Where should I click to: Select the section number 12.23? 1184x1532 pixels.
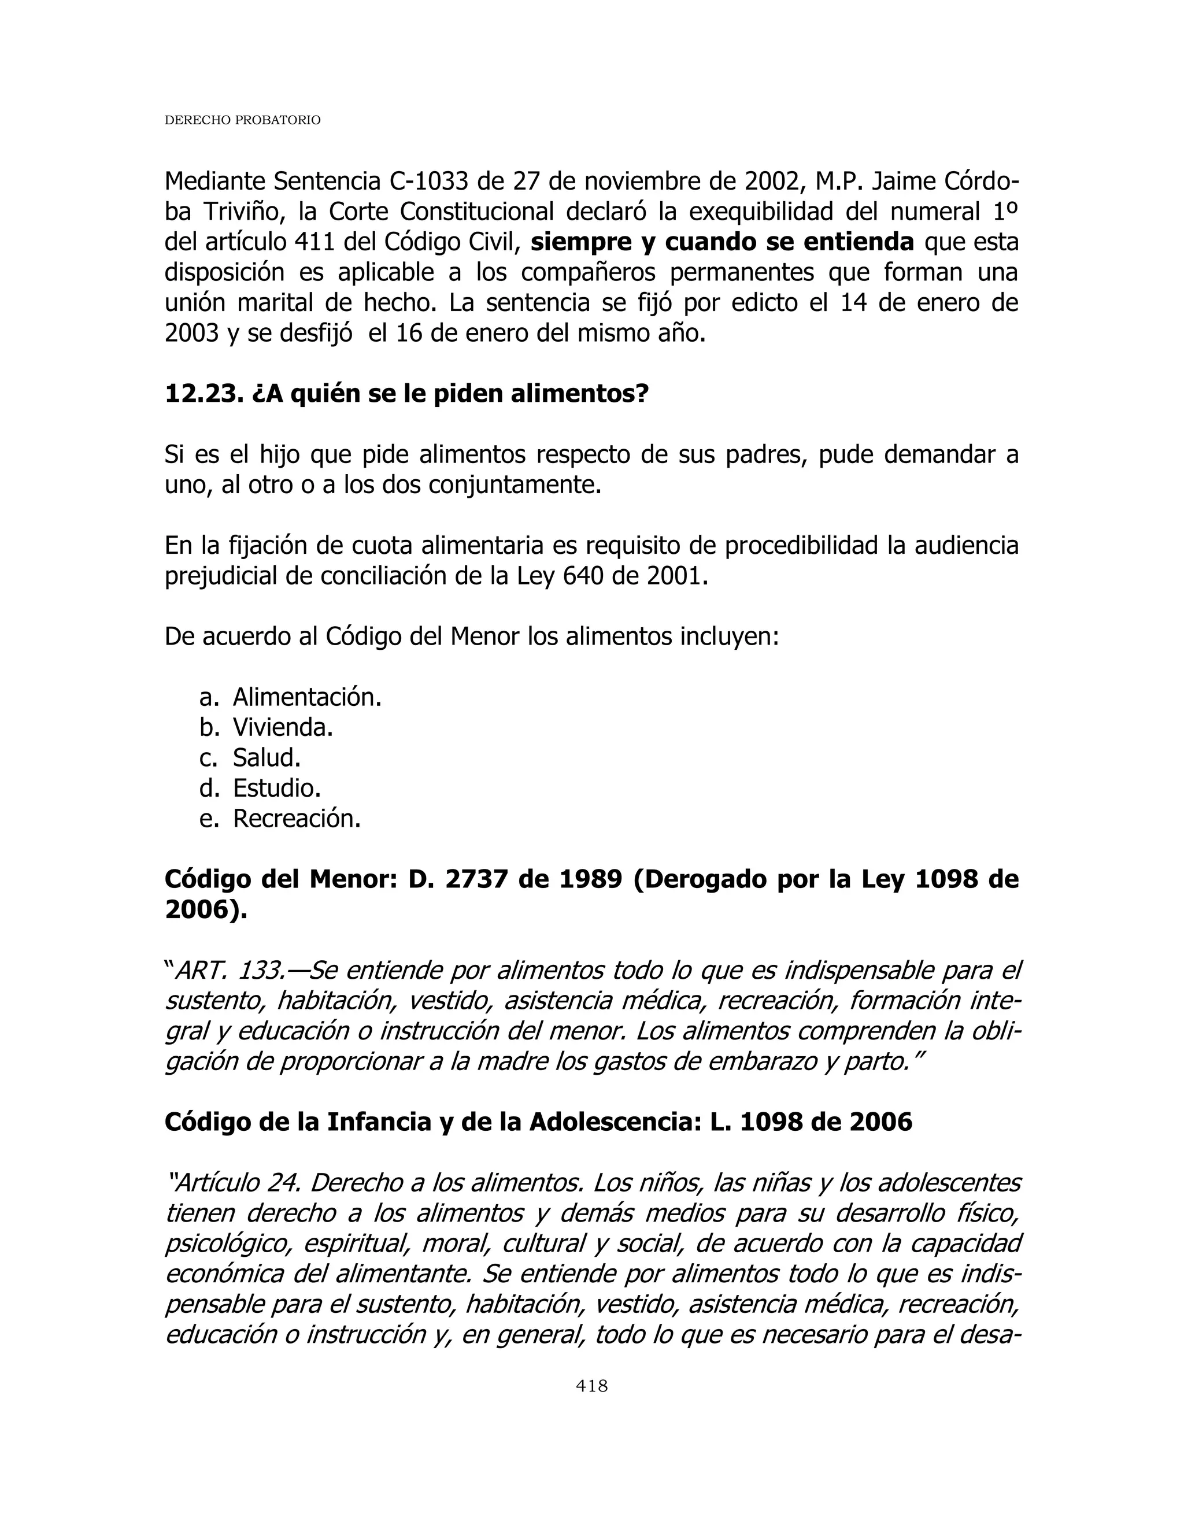click(204, 394)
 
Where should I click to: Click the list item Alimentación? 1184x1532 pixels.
click(307, 697)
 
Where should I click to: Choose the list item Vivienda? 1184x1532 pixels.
click(283, 727)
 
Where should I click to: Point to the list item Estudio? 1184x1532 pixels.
click(276, 788)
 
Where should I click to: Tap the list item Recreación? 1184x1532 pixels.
click(297, 818)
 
